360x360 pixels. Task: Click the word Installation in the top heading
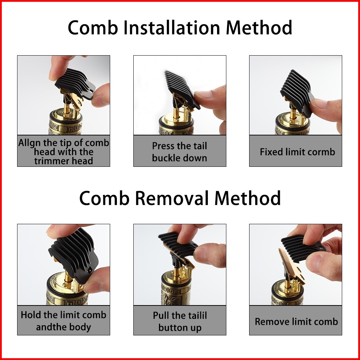pyautogui.click(x=171, y=27)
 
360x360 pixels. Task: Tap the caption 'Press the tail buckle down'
pyautogui.click(x=180, y=152)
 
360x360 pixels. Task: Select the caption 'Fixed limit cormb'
pyautogui.click(x=297, y=152)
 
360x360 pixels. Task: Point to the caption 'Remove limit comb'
pyautogui.click(x=296, y=322)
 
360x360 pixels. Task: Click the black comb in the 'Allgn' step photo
pyautogui.click(x=75, y=83)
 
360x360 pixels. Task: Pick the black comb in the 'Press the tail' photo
pyautogui.click(x=181, y=89)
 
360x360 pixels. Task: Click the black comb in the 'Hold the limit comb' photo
pyautogui.click(x=74, y=255)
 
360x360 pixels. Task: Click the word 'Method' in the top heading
pyautogui.click(x=259, y=27)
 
